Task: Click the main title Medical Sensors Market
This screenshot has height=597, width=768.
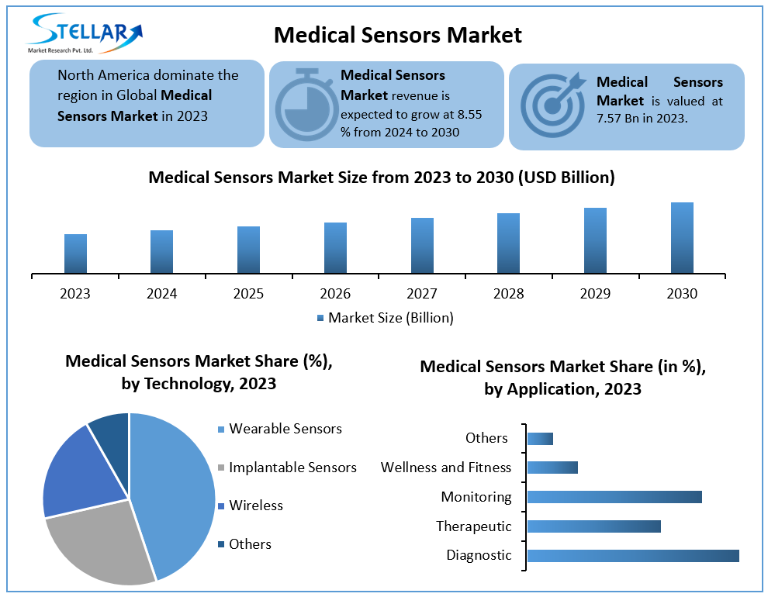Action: coord(398,35)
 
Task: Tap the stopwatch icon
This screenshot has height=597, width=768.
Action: coord(306,105)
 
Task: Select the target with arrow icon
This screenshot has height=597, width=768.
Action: coord(553,105)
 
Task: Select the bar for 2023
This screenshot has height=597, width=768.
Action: coord(75,254)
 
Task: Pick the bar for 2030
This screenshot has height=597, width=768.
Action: coord(682,238)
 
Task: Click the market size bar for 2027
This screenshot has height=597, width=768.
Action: coord(422,246)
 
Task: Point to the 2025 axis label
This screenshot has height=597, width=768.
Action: coord(248,294)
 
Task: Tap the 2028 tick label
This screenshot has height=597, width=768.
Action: coord(508,294)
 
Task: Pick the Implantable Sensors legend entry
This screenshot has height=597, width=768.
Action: coord(292,468)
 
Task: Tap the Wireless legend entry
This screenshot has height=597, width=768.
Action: coord(256,506)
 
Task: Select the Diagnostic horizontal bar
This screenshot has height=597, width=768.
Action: coord(632,555)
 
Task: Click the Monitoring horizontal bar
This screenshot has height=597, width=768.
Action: coord(614,497)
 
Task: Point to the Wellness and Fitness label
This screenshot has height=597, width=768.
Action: coord(446,468)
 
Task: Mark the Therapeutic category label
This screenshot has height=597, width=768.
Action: coord(474,526)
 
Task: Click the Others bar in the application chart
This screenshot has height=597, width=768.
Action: coord(540,439)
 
